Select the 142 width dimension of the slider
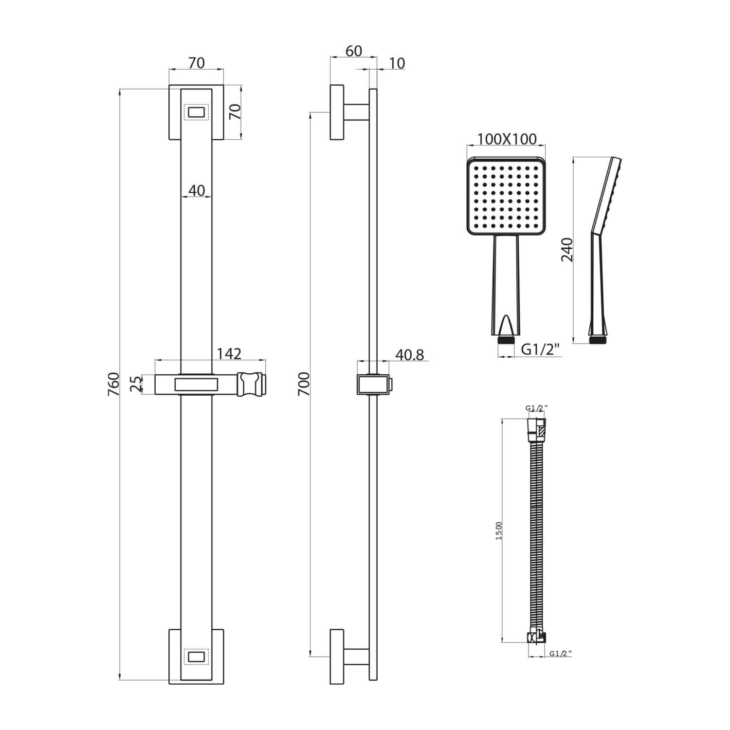(229, 353)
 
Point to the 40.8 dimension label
(409, 355)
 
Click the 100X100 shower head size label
(507, 139)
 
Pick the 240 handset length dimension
(567, 250)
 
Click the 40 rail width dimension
(196, 190)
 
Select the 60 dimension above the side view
(353, 51)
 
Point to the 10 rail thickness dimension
(397, 63)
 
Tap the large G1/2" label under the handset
(541, 349)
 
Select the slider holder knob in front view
(252, 384)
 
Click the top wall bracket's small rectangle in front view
(196, 112)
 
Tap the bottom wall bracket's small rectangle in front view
(196, 657)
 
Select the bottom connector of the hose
(537, 637)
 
